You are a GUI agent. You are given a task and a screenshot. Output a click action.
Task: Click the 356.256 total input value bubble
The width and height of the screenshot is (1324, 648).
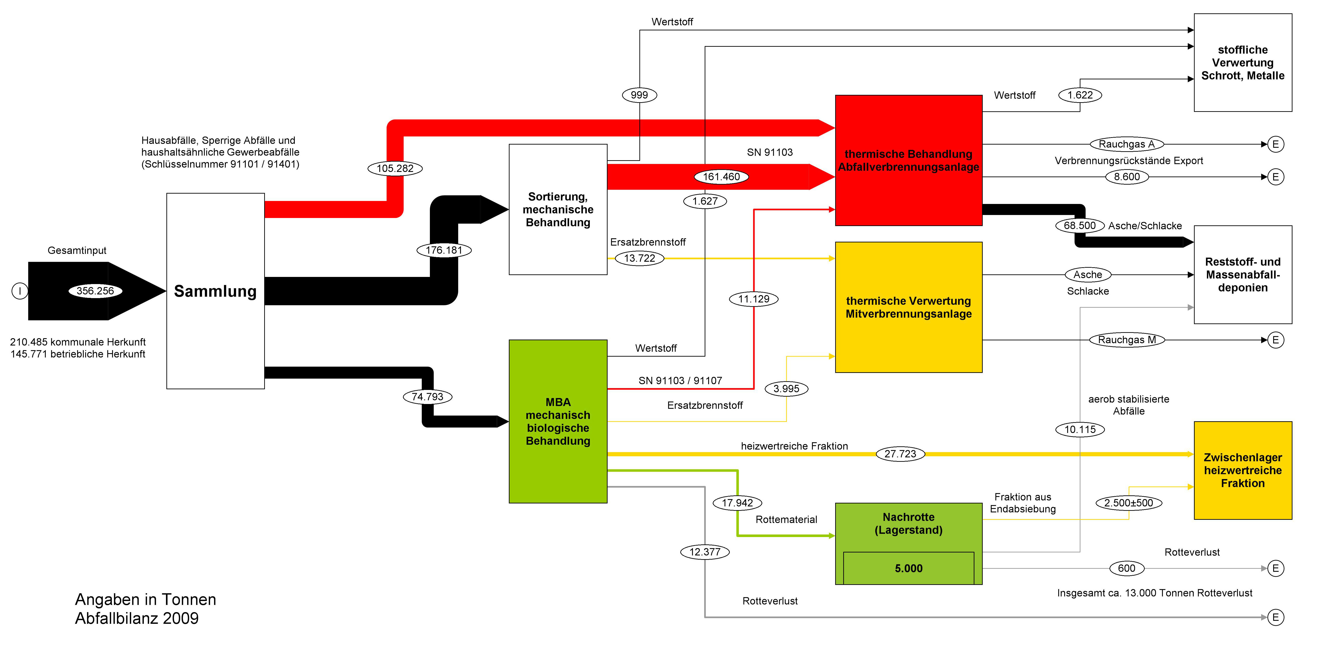click(95, 291)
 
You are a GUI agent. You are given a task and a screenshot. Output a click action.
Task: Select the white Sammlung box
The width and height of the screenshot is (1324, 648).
click(215, 291)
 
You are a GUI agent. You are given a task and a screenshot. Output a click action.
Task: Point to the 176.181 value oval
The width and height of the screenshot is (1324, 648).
click(444, 250)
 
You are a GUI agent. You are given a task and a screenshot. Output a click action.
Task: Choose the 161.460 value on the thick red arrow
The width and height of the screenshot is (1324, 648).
click(721, 177)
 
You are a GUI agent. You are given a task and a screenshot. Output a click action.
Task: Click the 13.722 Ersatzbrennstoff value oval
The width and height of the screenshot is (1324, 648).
click(639, 258)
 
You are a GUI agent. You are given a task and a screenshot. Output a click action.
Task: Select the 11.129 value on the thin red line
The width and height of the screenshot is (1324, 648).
click(753, 299)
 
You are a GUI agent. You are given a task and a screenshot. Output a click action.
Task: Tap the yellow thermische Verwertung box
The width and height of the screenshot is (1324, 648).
click(908, 307)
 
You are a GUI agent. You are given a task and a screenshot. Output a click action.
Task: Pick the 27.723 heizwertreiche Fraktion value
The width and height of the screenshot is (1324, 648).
click(900, 454)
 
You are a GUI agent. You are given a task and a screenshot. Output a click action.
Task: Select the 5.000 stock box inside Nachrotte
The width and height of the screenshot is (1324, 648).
click(908, 568)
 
